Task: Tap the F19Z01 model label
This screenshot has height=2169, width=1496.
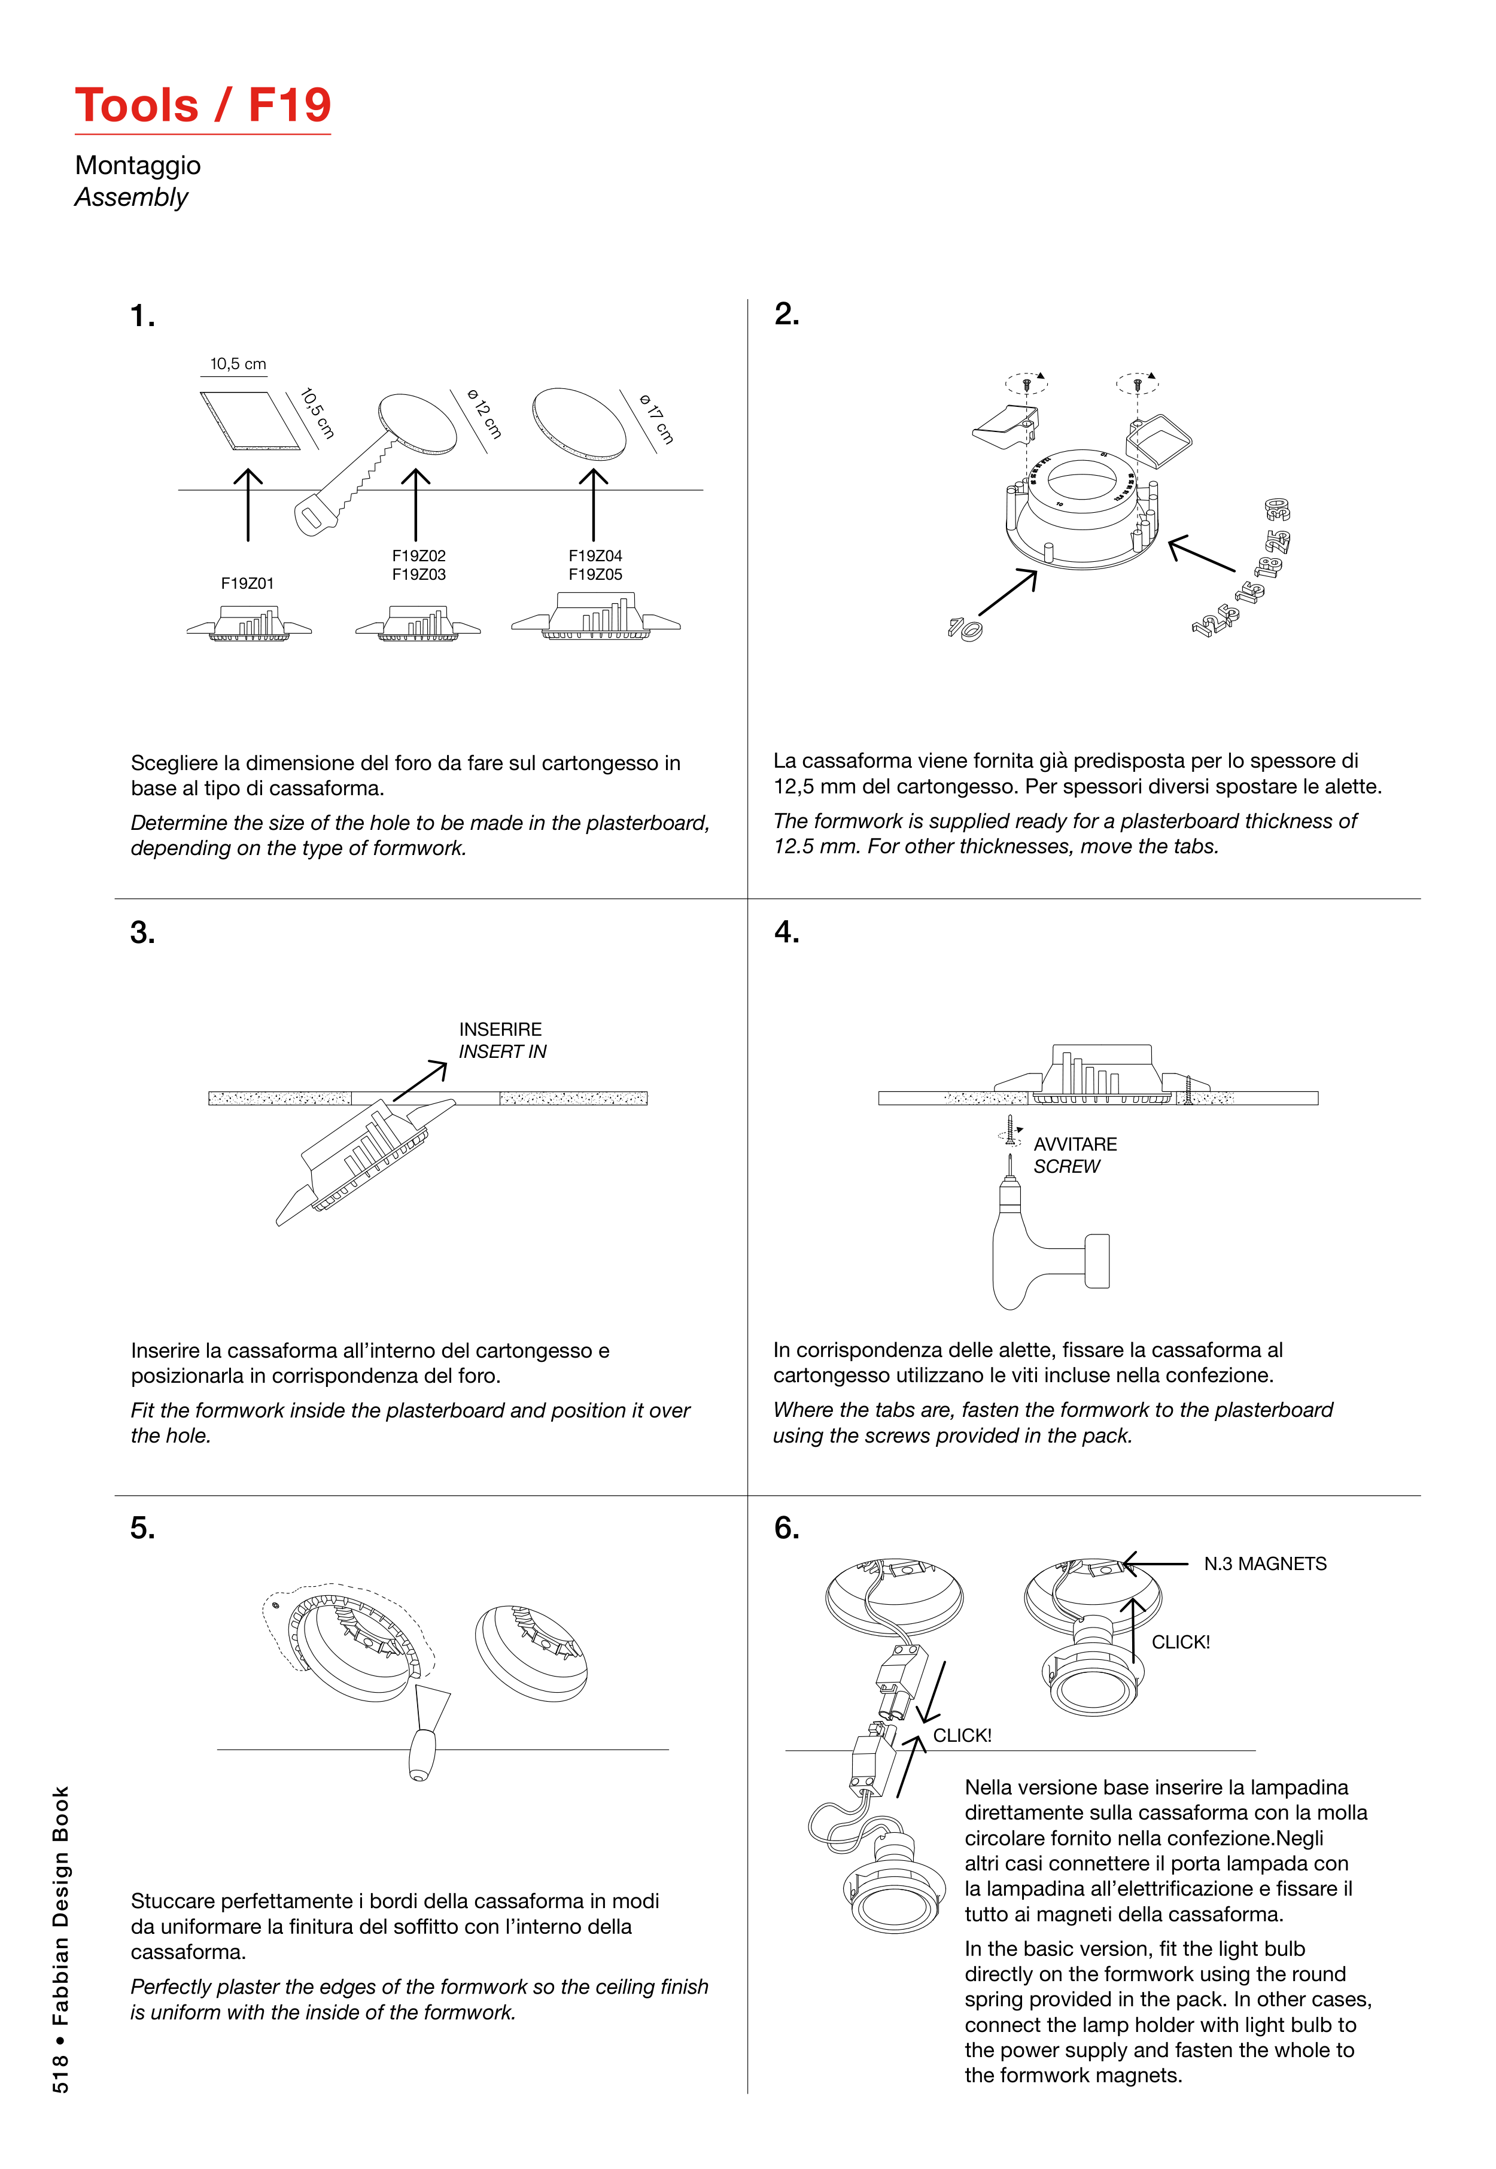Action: click(x=248, y=583)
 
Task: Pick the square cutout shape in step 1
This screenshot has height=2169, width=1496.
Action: click(x=250, y=421)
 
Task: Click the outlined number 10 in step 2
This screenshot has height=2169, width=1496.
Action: click(x=965, y=628)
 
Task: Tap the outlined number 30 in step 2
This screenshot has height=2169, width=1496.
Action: click(x=1276, y=510)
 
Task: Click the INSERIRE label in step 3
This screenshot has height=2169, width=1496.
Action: click(x=500, y=1029)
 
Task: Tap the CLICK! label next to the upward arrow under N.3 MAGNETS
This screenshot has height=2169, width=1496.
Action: click(x=1180, y=1642)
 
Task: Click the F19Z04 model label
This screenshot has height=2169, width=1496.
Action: click(x=595, y=556)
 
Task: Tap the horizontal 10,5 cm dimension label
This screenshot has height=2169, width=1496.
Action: click(x=238, y=364)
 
